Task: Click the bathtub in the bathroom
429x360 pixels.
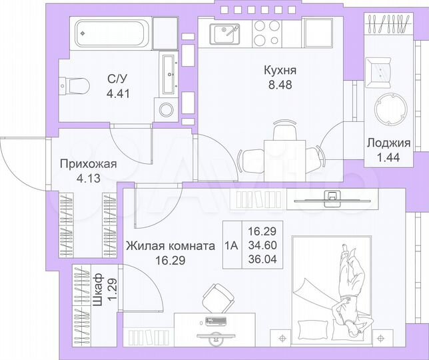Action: tap(111, 31)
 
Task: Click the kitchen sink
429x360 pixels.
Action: tap(224, 31)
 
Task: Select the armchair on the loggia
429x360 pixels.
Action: tap(381, 67)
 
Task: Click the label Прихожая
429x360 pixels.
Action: tap(89, 165)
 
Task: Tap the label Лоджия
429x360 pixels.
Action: tap(388, 143)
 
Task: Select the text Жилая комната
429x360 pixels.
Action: tap(170, 245)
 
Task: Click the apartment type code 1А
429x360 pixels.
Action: tap(231, 245)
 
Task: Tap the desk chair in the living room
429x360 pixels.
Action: tap(218, 296)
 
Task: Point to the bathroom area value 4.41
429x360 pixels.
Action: tap(118, 93)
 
